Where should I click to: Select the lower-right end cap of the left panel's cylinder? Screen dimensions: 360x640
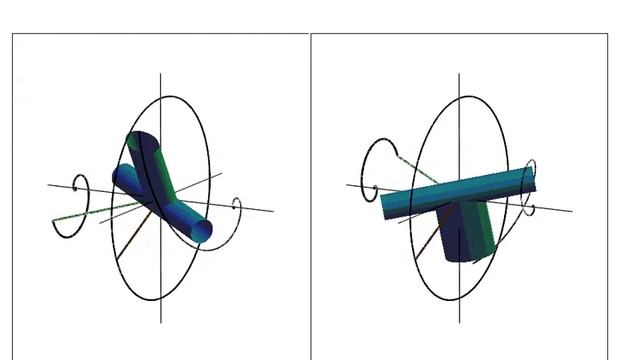204,232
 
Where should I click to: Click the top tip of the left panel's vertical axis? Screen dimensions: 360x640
161,73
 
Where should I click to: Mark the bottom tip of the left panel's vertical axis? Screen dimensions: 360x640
161,322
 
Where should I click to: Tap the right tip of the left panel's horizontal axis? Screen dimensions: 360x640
272,210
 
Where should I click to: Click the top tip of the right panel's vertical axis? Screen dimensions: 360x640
460,73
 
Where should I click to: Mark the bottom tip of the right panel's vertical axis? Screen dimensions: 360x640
460,322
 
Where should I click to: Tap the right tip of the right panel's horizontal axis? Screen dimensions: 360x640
572,210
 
